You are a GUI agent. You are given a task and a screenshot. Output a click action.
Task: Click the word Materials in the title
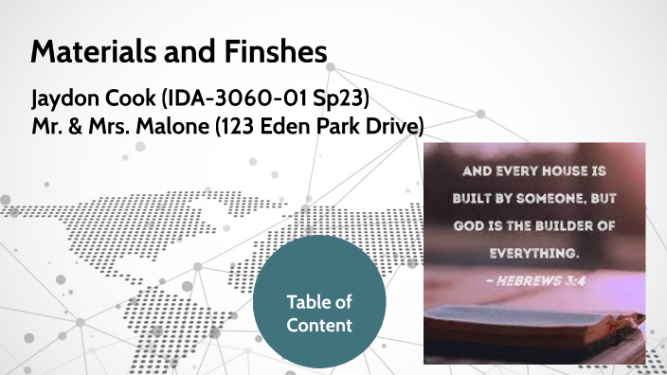[85, 51]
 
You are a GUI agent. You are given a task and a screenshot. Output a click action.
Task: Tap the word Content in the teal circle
[320, 326]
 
